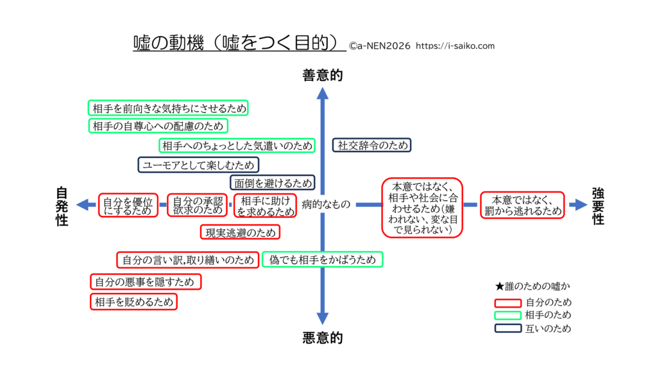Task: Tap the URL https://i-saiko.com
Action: pyautogui.click(x=455, y=46)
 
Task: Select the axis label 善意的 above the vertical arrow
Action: pyautogui.click(x=323, y=76)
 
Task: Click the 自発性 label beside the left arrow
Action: pyautogui.click(x=62, y=206)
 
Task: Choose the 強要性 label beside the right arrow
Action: pyautogui.click(x=598, y=206)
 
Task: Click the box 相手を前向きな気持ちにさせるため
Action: pyautogui.click(x=168, y=108)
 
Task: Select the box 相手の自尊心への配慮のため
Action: pyautogui.click(x=158, y=125)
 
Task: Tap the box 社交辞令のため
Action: pyautogui.click(x=372, y=145)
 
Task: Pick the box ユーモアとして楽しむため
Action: pyautogui.click(x=198, y=165)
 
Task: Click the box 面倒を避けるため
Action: pyautogui.click(x=272, y=183)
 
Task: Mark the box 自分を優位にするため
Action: pyautogui.click(x=128, y=206)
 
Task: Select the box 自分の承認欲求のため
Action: pyautogui.click(x=197, y=205)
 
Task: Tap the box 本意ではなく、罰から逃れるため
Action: pyautogui.click(x=522, y=205)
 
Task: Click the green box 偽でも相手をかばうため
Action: pyautogui.click(x=322, y=260)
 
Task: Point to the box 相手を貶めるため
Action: pyautogui.click(x=133, y=301)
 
